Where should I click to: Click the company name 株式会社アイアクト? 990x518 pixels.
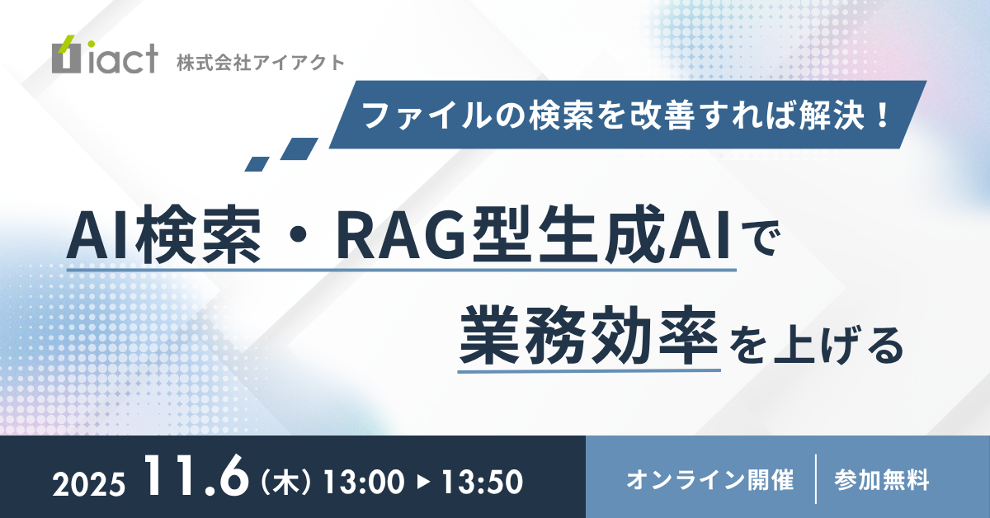coord(261,63)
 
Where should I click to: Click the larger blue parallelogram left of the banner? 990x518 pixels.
coord(299,148)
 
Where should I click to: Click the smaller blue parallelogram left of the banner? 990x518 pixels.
coord(257,164)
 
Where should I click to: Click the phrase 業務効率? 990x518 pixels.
coord(589,336)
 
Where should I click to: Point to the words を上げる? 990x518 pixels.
coord(816,345)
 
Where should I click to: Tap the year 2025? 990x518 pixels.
coord(89,484)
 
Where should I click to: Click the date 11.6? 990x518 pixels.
coord(196,476)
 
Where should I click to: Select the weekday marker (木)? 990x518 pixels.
coord(286,482)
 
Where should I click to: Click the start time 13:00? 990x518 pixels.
coord(364,482)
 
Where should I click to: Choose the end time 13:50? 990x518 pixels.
coord(482,482)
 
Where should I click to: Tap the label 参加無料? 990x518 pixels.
coord(882,479)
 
